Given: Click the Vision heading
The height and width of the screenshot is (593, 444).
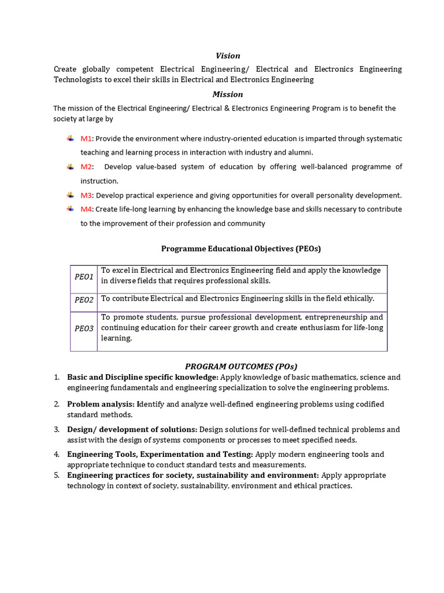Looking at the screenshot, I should point(228,56).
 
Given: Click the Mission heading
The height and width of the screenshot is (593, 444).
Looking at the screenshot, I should point(228,94).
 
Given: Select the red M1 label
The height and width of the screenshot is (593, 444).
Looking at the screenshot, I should point(86,139).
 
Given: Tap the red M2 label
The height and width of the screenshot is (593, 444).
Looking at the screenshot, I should point(86,167).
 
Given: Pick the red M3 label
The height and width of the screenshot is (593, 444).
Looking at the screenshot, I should point(86,195).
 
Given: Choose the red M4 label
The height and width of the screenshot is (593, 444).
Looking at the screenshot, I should point(86,209).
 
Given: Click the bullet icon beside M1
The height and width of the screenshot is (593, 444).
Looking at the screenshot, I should point(70,138).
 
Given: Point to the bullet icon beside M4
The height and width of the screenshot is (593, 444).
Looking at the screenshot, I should point(70,208).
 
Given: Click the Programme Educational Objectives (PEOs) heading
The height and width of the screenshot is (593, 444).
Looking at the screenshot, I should point(240,248).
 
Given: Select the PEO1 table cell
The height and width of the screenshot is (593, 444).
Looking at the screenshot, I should point(84,277).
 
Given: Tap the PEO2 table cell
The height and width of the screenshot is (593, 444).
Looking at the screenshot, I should point(84,300).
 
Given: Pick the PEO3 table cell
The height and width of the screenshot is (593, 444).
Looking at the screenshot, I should point(84,328).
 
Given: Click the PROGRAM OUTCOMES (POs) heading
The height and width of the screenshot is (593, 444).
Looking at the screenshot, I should point(241,366).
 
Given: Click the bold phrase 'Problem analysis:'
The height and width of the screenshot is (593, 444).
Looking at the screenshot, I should point(101,404).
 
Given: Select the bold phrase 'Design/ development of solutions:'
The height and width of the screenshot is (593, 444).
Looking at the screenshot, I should point(132,430).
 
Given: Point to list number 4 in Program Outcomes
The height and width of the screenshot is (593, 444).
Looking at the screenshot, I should point(57,455).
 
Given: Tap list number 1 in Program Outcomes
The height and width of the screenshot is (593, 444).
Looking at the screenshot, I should point(57,378).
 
